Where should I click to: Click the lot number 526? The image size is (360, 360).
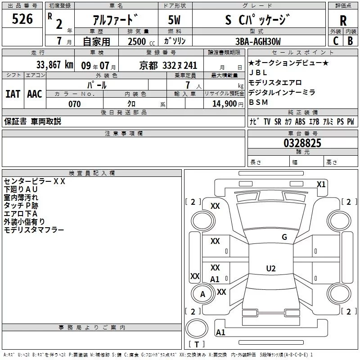[x=22, y=19]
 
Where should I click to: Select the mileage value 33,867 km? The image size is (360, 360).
[x=54, y=65]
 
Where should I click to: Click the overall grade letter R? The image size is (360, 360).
[x=343, y=20]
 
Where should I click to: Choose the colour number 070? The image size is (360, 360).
[x=74, y=104]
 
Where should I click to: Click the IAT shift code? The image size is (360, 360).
[x=13, y=94]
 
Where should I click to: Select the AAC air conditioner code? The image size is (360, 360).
[x=35, y=94]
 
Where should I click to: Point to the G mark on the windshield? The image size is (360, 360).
[x=284, y=237]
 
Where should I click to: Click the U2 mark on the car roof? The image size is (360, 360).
[x=270, y=268]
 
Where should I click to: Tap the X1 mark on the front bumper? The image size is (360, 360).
[x=321, y=184]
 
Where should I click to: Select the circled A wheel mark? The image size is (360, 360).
[x=202, y=294]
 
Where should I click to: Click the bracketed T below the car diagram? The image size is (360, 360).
[x=196, y=345]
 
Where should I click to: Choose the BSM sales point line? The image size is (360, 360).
[x=258, y=102]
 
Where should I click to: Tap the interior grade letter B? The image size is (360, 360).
[x=350, y=41]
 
